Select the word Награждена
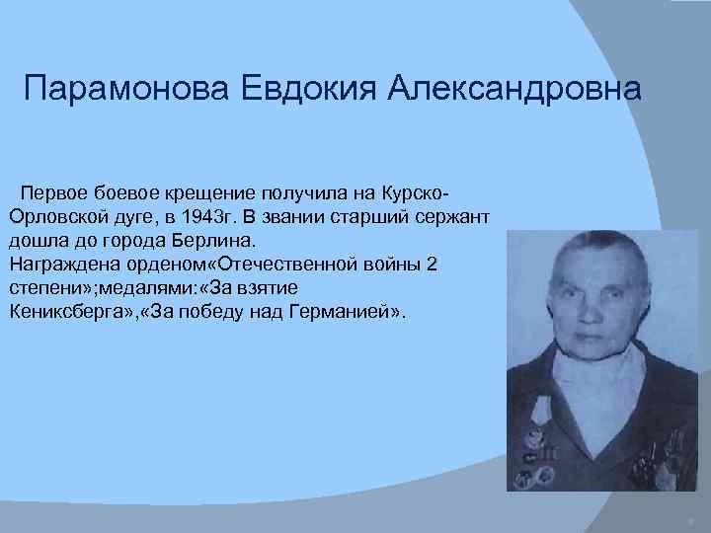(x=55, y=264)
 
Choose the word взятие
(x=267, y=288)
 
